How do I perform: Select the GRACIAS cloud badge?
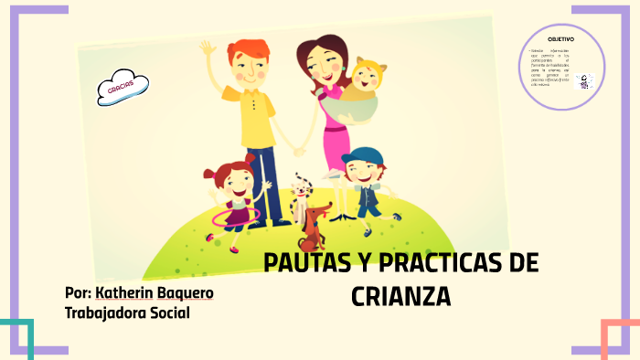[123, 89]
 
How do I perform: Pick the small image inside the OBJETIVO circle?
[586, 81]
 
